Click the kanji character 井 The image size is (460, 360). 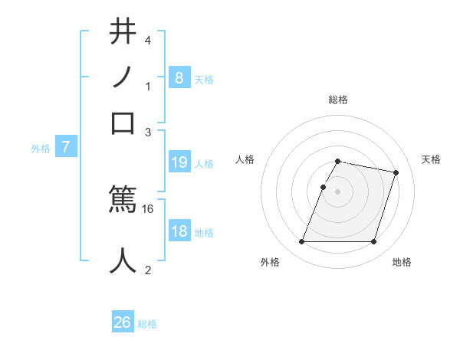[123, 32]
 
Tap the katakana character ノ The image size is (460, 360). [123, 77]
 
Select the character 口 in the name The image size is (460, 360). [123, 123]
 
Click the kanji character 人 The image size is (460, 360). [123, 260]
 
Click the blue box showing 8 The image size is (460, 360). [179, 78]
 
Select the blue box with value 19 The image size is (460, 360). [179, 162]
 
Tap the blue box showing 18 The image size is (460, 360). [179, 232]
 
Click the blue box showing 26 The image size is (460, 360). [123, 322]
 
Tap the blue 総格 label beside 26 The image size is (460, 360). [147, 324]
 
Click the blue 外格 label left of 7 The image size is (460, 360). [41, 149]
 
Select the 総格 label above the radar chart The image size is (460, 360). [338, 100]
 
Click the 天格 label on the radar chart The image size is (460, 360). [431, 159]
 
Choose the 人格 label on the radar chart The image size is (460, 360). [245, 159]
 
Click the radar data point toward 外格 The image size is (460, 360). [302, 242]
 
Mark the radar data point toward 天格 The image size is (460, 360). [396, 173]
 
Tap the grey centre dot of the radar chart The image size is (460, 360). [338, 191]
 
